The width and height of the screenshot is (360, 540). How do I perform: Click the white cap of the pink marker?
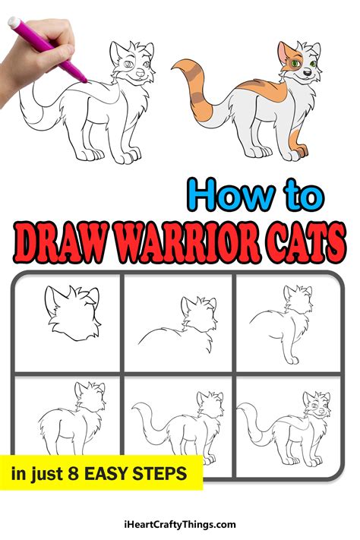click(14, 22)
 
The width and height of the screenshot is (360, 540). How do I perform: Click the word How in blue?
click(231, 195)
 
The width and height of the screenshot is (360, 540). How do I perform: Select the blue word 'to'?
click(303, 196)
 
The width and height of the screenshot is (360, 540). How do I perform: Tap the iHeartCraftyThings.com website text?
click(180, 525)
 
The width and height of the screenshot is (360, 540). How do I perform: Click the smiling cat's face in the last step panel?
click(317, 406)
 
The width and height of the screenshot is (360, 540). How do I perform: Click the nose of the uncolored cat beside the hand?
click(140, 74)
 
